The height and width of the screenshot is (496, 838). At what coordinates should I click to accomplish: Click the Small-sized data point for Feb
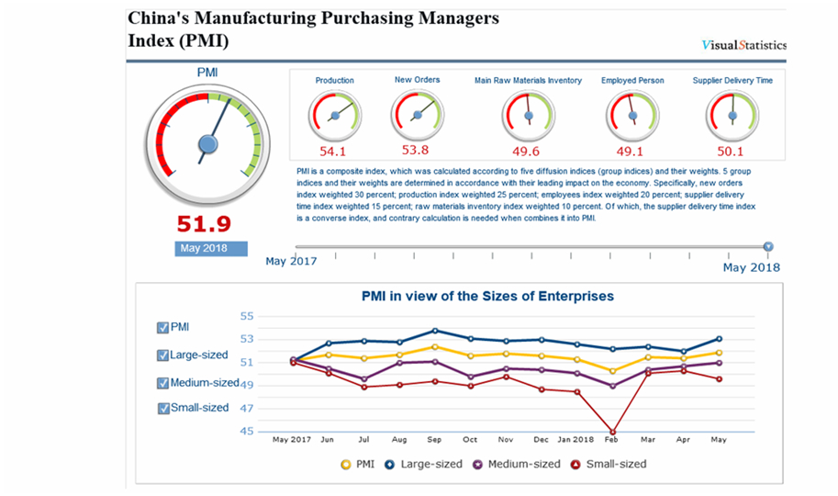click(x=612, y=431)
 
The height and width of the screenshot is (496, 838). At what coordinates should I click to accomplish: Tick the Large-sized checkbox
click(x=163, y=355)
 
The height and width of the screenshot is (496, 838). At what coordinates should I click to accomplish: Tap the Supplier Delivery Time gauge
click(x=732, y=116)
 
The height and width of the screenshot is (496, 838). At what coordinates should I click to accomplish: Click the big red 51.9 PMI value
click(x=205, y=223)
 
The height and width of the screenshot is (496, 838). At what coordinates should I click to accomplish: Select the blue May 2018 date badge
click(x=211, y=249)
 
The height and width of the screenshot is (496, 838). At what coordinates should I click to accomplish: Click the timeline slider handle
click(x=768, y=246)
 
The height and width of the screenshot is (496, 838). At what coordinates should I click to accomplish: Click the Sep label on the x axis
click(x=434, y=440)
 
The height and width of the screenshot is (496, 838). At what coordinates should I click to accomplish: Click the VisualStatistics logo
click(x=743, y=45)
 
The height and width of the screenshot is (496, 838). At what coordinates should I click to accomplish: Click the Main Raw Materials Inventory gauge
click(x=528, y=116)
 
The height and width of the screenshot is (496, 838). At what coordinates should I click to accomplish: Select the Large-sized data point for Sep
click(x=435, y=331)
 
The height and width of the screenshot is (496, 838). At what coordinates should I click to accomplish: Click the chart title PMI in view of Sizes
click(x=486, y=297)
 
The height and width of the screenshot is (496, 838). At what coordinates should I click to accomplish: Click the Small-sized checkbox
click(x=163, y=408)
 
